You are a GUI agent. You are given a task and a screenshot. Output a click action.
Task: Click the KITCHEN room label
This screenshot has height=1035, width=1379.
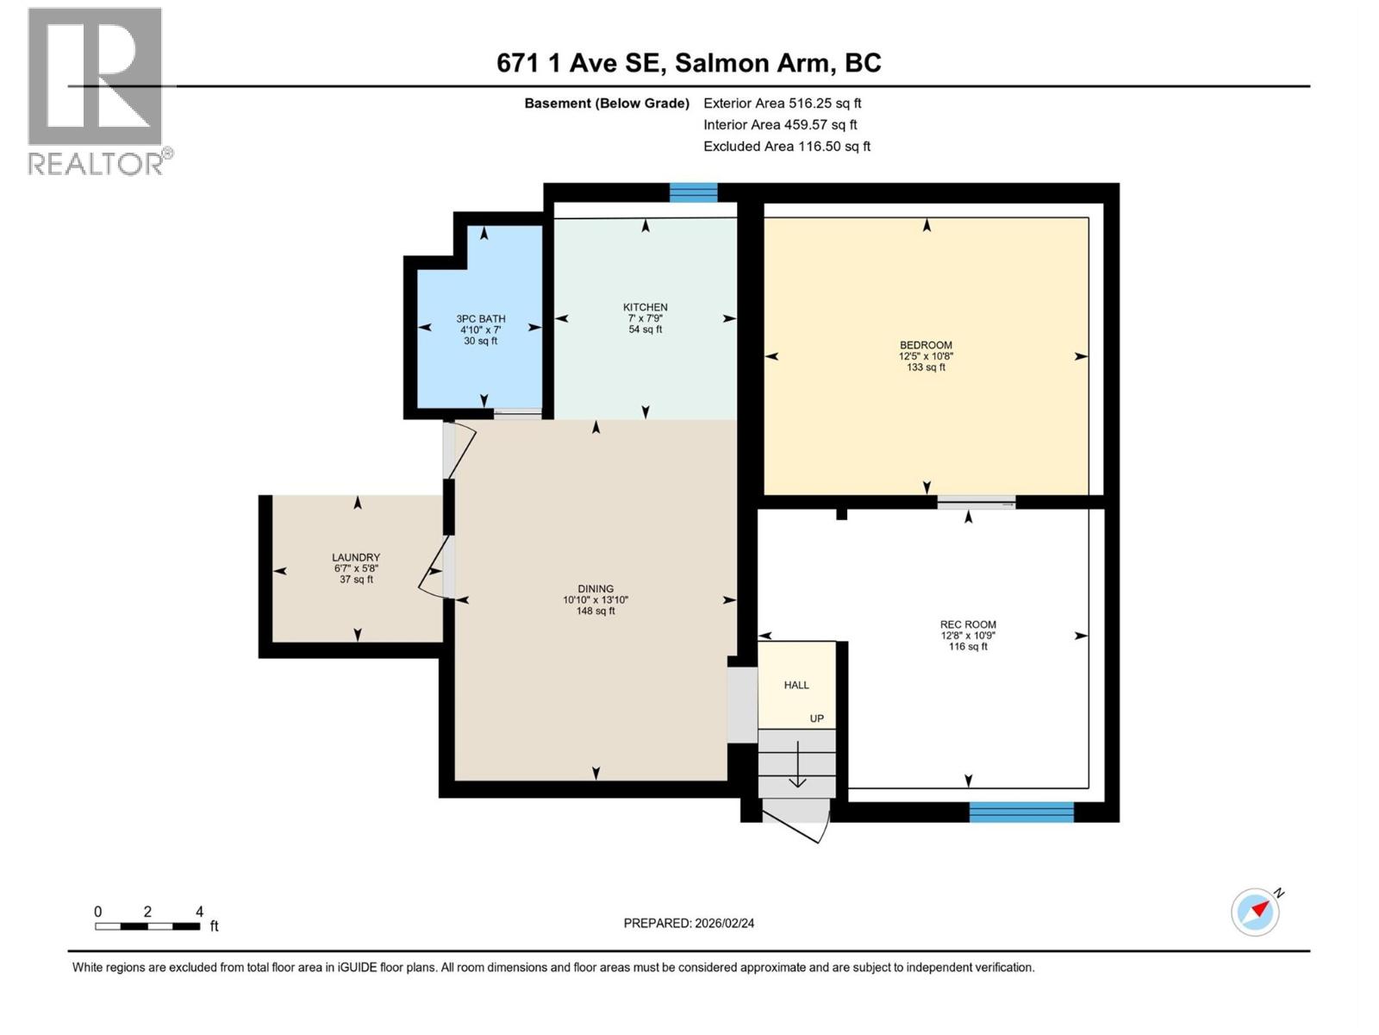click(x=645, y=308)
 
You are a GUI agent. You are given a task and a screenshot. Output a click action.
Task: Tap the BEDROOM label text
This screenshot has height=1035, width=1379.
click(x=926, y=345)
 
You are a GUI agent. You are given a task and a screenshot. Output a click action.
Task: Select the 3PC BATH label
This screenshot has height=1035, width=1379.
click(x=481, y=319)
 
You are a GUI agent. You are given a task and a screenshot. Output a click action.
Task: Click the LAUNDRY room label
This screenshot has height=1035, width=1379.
click(x=356, y=558)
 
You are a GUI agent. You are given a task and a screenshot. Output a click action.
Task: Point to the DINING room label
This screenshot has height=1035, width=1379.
click(x=596, y=589)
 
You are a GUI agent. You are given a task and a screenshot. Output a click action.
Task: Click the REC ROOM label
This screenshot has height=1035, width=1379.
click(x=968, y=624)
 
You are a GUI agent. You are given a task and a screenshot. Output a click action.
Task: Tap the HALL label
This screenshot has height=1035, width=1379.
click(x=796, y=685)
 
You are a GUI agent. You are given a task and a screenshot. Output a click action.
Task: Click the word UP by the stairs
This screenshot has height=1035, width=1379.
click(x=816, y=718)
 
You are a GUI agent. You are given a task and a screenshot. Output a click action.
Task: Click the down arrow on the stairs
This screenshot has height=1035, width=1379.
click(x=797, y=768)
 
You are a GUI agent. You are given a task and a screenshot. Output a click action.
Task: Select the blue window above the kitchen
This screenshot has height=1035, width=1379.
click(x=694, y=193)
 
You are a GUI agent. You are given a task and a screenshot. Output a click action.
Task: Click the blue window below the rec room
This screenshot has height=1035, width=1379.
click(x=1021, y=812)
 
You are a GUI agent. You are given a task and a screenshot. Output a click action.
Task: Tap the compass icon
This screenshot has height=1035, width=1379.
click(x=1256, y=912)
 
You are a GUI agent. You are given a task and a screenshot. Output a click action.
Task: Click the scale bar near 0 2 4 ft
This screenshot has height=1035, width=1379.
click(x=147, y=926)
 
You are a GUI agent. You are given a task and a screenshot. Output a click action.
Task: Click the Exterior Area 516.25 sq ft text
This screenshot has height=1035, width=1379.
click(x=782, y=103)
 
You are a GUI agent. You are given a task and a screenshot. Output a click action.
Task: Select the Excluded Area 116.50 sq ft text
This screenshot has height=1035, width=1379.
click(x=786, y=147)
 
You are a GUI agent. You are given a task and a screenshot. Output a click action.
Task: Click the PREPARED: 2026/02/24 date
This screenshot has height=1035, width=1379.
click(x=689, y=923)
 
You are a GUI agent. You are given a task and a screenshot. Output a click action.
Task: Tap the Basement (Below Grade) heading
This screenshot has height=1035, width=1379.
click(x=607, y=103)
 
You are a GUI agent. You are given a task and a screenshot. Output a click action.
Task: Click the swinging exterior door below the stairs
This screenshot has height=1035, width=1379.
click(x=797, y=819)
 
